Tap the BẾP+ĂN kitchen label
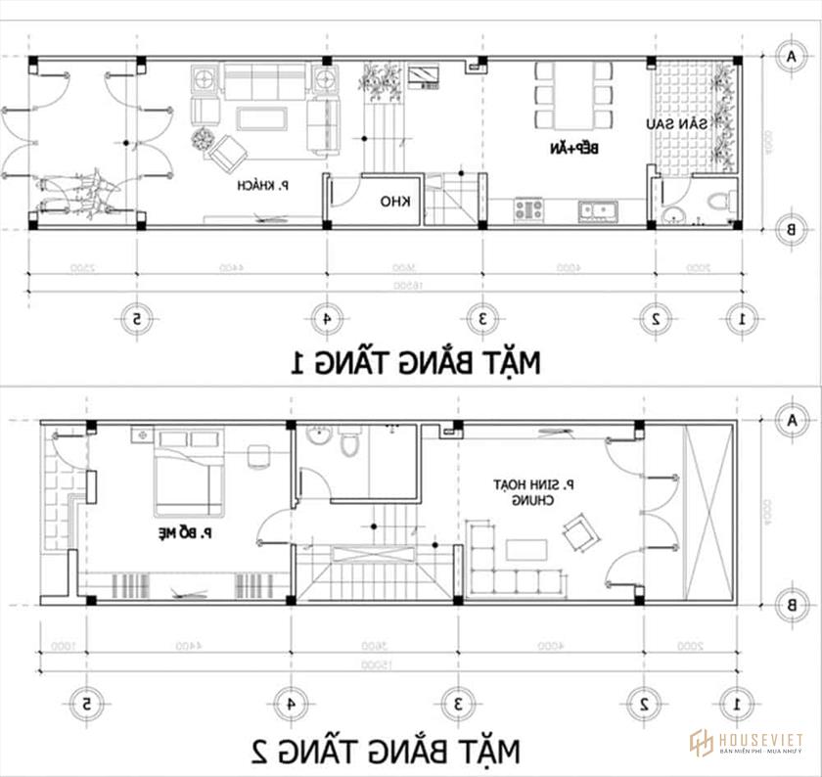point(583,148)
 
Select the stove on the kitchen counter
point(529,208)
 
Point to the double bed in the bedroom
point(187,480)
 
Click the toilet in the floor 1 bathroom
point(720,203)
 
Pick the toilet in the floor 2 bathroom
point(346,445)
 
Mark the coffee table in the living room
point(261,119)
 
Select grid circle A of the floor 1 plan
point(789,57)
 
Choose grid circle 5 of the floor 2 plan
point(87,703)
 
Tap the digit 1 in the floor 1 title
point(296,364)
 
